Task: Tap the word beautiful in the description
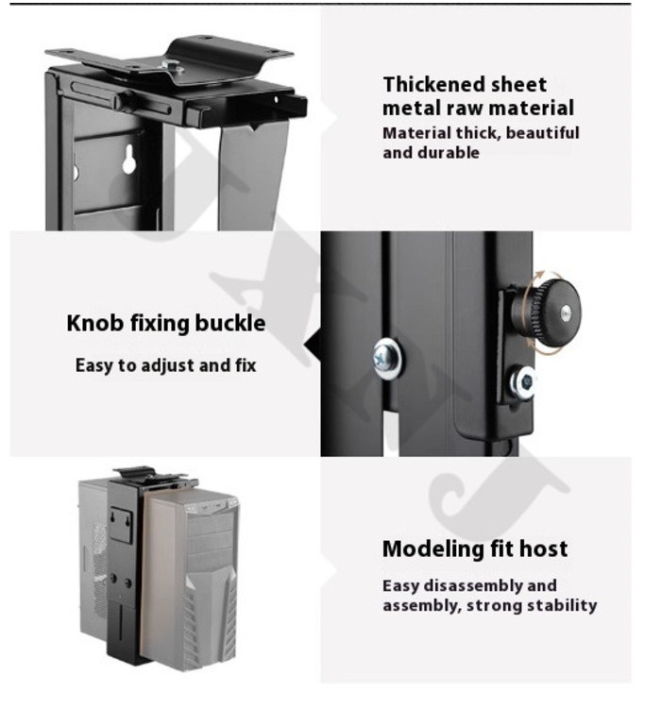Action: [542, 133]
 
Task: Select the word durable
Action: [449, 153]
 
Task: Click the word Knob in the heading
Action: [94, 323]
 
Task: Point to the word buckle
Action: [230, 323]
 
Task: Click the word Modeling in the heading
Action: [426, 549]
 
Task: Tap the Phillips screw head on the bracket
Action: [387, 359]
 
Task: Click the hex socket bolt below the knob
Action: [524, 381]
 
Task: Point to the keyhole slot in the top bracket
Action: [129, 159]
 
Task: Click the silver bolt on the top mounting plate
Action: [173, 68]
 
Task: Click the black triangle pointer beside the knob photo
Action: [313, 346]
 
